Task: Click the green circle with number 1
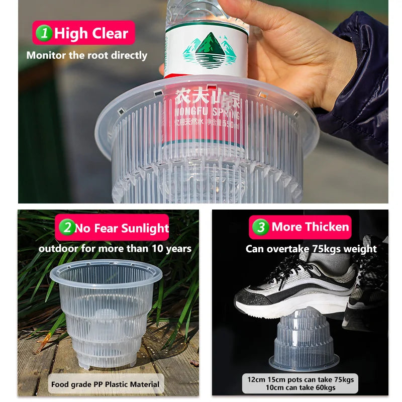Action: tap(46, 34)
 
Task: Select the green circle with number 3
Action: tap(260, 227)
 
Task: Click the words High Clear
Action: tap(91, 34)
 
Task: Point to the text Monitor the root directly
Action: tap(87, 55)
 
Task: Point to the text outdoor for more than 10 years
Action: tap(115, 248)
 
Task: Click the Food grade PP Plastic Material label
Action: tap(105, 384)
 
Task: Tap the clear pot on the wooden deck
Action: tap(106, 312)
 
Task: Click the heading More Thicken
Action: tap(310, 227)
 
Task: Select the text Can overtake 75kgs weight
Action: tap(311, 249)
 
